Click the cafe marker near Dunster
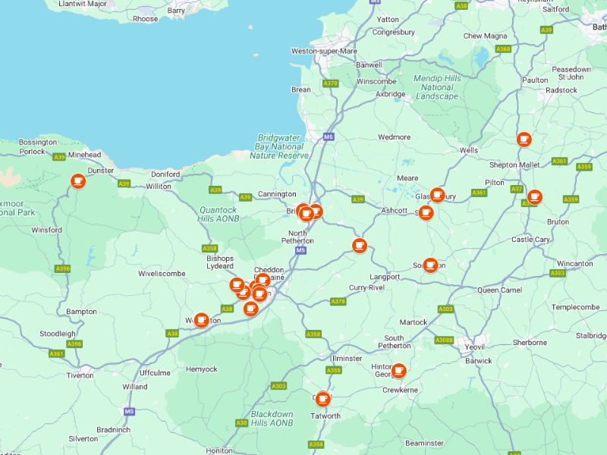(77, 181)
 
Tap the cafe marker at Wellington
(201, 321)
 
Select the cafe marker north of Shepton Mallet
(524, 140)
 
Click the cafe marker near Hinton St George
(398, 372)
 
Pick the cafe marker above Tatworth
(323, 398)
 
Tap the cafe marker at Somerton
(430, 265)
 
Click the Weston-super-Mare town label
(324, 51)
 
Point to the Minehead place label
(84, 155)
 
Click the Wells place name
(469, 150)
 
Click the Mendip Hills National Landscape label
(437, 87)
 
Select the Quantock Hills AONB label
(219, 215)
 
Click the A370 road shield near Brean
(330, 83)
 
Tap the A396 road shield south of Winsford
(63, 268)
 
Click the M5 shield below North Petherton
(301, 250)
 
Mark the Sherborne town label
(530, 343)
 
